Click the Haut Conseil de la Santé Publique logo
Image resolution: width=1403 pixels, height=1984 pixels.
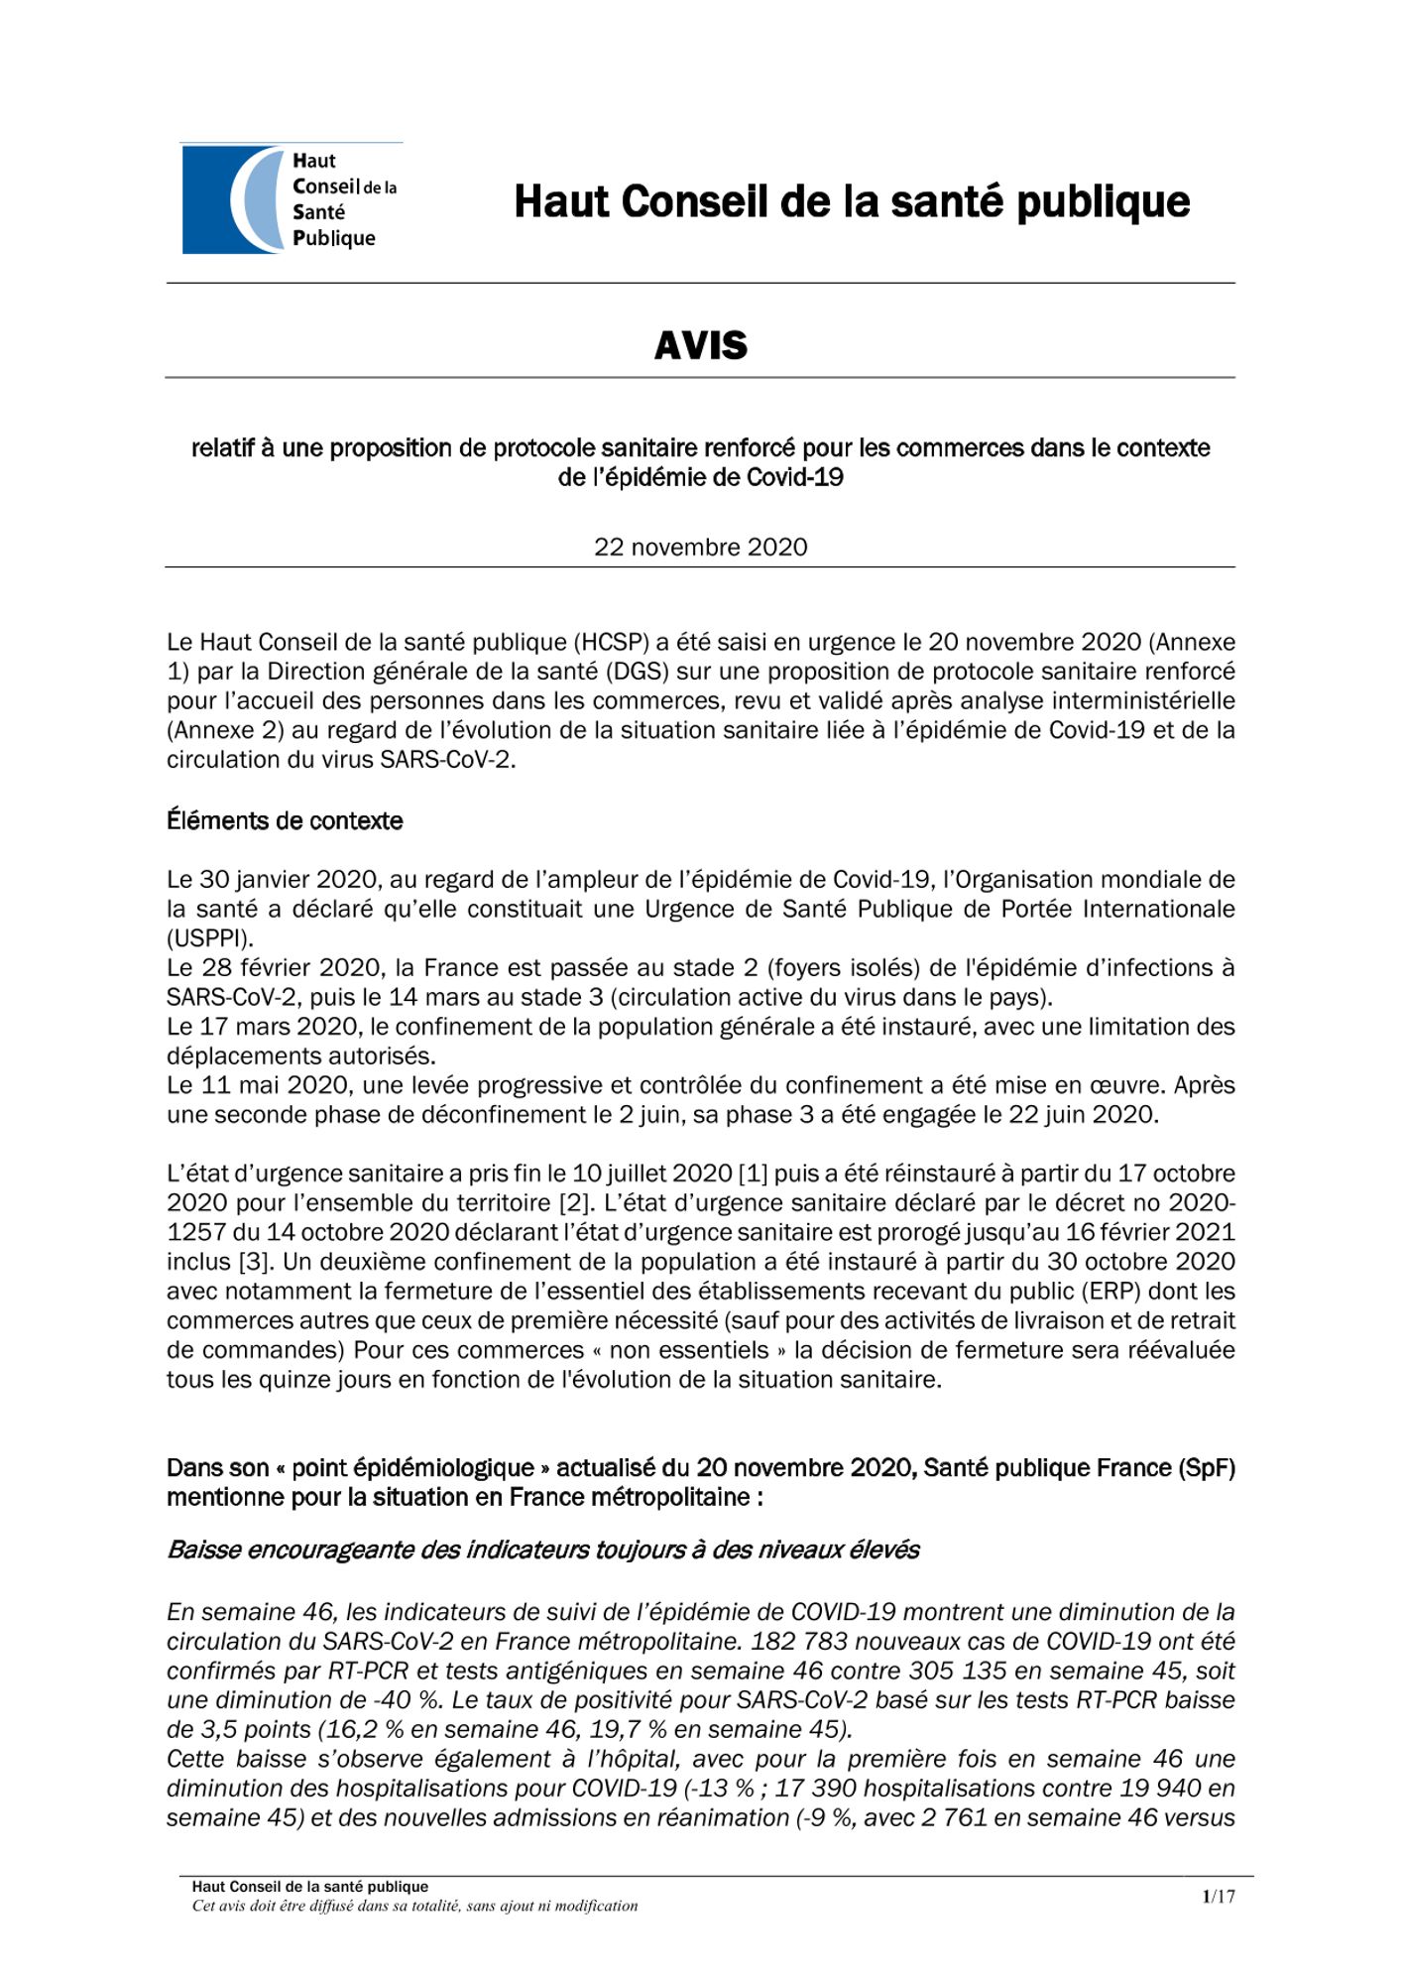(290, 199)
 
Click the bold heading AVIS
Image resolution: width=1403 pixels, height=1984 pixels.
(700, 345)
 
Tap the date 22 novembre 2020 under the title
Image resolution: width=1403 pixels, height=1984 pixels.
(700, 547)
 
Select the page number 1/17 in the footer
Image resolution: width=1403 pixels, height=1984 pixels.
(1219, 1897)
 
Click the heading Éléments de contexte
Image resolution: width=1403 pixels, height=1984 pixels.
(285, 820)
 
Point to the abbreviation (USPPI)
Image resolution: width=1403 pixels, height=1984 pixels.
(210, 937)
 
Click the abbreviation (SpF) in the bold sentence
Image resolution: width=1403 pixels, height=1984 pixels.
(1207, 1468)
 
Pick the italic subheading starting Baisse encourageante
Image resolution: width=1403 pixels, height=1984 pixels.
(543, 1550)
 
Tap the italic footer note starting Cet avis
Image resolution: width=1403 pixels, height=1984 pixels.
(414, 1906)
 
